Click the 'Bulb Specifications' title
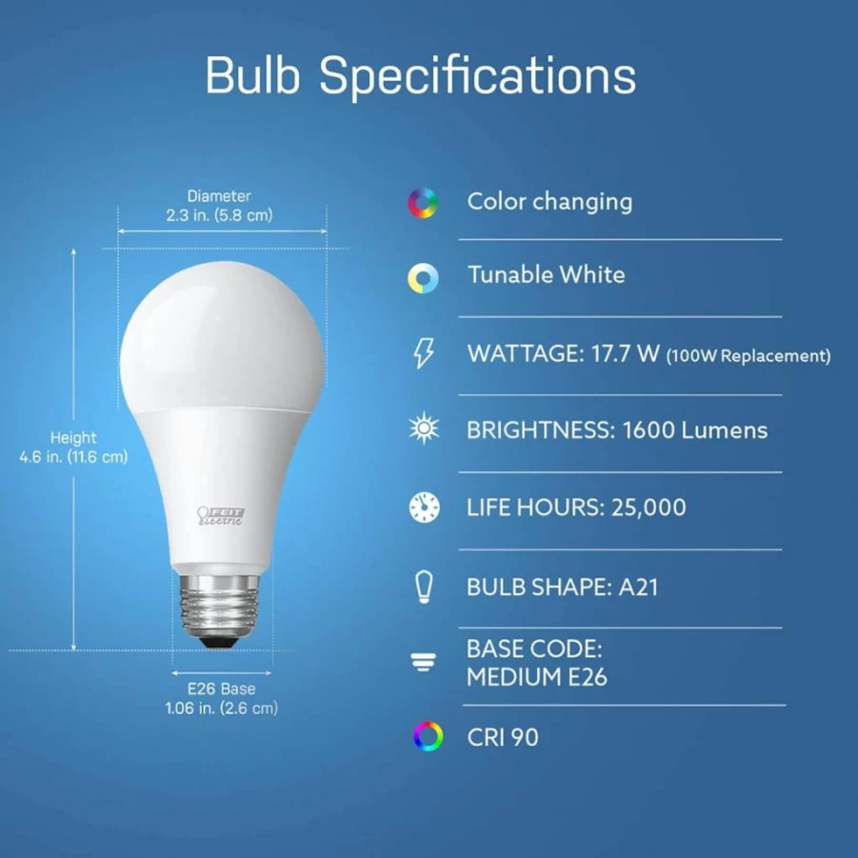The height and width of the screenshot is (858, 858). coord(420,75)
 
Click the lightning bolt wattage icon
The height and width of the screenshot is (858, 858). coord(424,353)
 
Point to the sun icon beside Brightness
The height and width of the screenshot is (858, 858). coord(424,429)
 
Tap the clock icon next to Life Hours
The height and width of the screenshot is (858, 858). coord(424,508)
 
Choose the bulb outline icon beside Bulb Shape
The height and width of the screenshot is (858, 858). coord(424,587)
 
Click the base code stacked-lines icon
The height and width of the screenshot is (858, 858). coord(424,662)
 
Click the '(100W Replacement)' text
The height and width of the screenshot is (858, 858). coord(748,356)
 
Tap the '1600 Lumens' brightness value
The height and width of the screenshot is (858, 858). coord(695,430)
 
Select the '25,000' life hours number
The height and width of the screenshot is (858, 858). coord(648,508)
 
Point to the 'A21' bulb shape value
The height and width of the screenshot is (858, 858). coord(638,588)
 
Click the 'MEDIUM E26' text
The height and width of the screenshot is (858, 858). coord(537,677)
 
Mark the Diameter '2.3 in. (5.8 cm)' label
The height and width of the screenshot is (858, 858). coord(219,215)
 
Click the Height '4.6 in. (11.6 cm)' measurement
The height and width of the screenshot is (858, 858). coord(73,457)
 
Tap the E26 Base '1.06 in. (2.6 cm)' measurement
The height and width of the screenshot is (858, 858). coord(222,708)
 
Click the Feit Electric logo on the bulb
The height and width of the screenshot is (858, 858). coord(221,515)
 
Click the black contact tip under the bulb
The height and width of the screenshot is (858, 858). coord(219,643)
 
